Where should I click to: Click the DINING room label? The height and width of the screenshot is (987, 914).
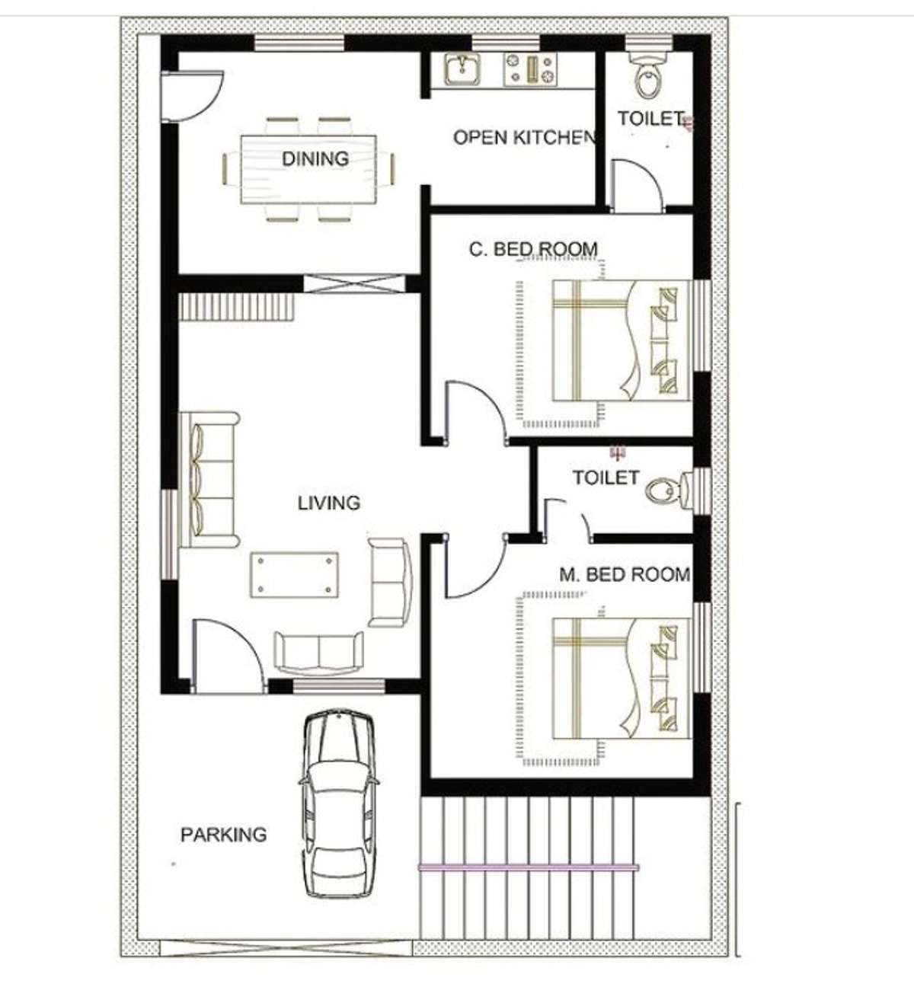coord(315,159)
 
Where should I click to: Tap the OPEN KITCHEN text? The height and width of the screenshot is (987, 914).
coord(523,137)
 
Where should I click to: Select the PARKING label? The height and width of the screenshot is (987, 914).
coord(223,835)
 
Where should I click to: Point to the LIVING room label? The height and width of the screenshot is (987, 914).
coord(329,503)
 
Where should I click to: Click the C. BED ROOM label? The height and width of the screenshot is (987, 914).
coord(533,249)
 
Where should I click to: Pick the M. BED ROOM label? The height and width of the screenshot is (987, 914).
coord(625,575)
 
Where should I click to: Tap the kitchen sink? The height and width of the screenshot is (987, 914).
coord(462,69)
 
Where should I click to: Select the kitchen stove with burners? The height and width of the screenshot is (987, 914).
coord(530,69)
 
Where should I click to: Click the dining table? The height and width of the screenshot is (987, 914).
coord(308,170)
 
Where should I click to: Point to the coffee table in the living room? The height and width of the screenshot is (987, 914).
coord(295,574)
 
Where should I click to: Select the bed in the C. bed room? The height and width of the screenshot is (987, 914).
coord(622,341)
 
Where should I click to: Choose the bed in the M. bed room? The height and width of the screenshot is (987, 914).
coord(622,679)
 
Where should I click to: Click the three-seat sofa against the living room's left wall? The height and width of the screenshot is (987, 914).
coord(209,480)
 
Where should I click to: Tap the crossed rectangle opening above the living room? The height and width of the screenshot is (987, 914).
coord(355,284)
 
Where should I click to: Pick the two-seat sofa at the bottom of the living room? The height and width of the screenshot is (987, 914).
coord(318,653)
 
